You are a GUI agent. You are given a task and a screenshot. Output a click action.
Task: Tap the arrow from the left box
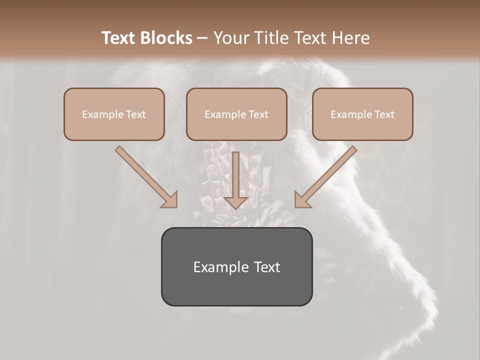click(145, 176)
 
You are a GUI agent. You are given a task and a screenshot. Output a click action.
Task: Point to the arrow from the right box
click(327, 176)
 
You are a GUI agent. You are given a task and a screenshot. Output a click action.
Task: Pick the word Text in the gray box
click(268, 267)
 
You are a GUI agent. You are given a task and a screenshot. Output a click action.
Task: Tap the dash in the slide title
click(202, 38)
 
